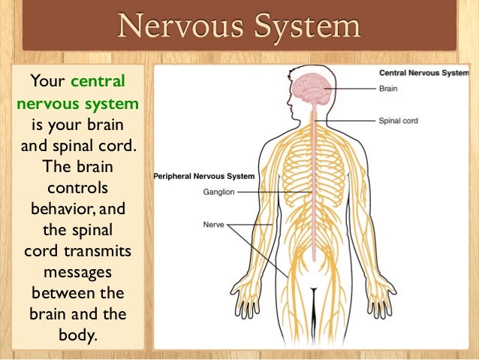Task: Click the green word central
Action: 98,81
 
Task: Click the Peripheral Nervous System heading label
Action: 204,177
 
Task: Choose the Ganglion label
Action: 219,192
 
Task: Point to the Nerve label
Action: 213,223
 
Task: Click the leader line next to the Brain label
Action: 354,87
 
